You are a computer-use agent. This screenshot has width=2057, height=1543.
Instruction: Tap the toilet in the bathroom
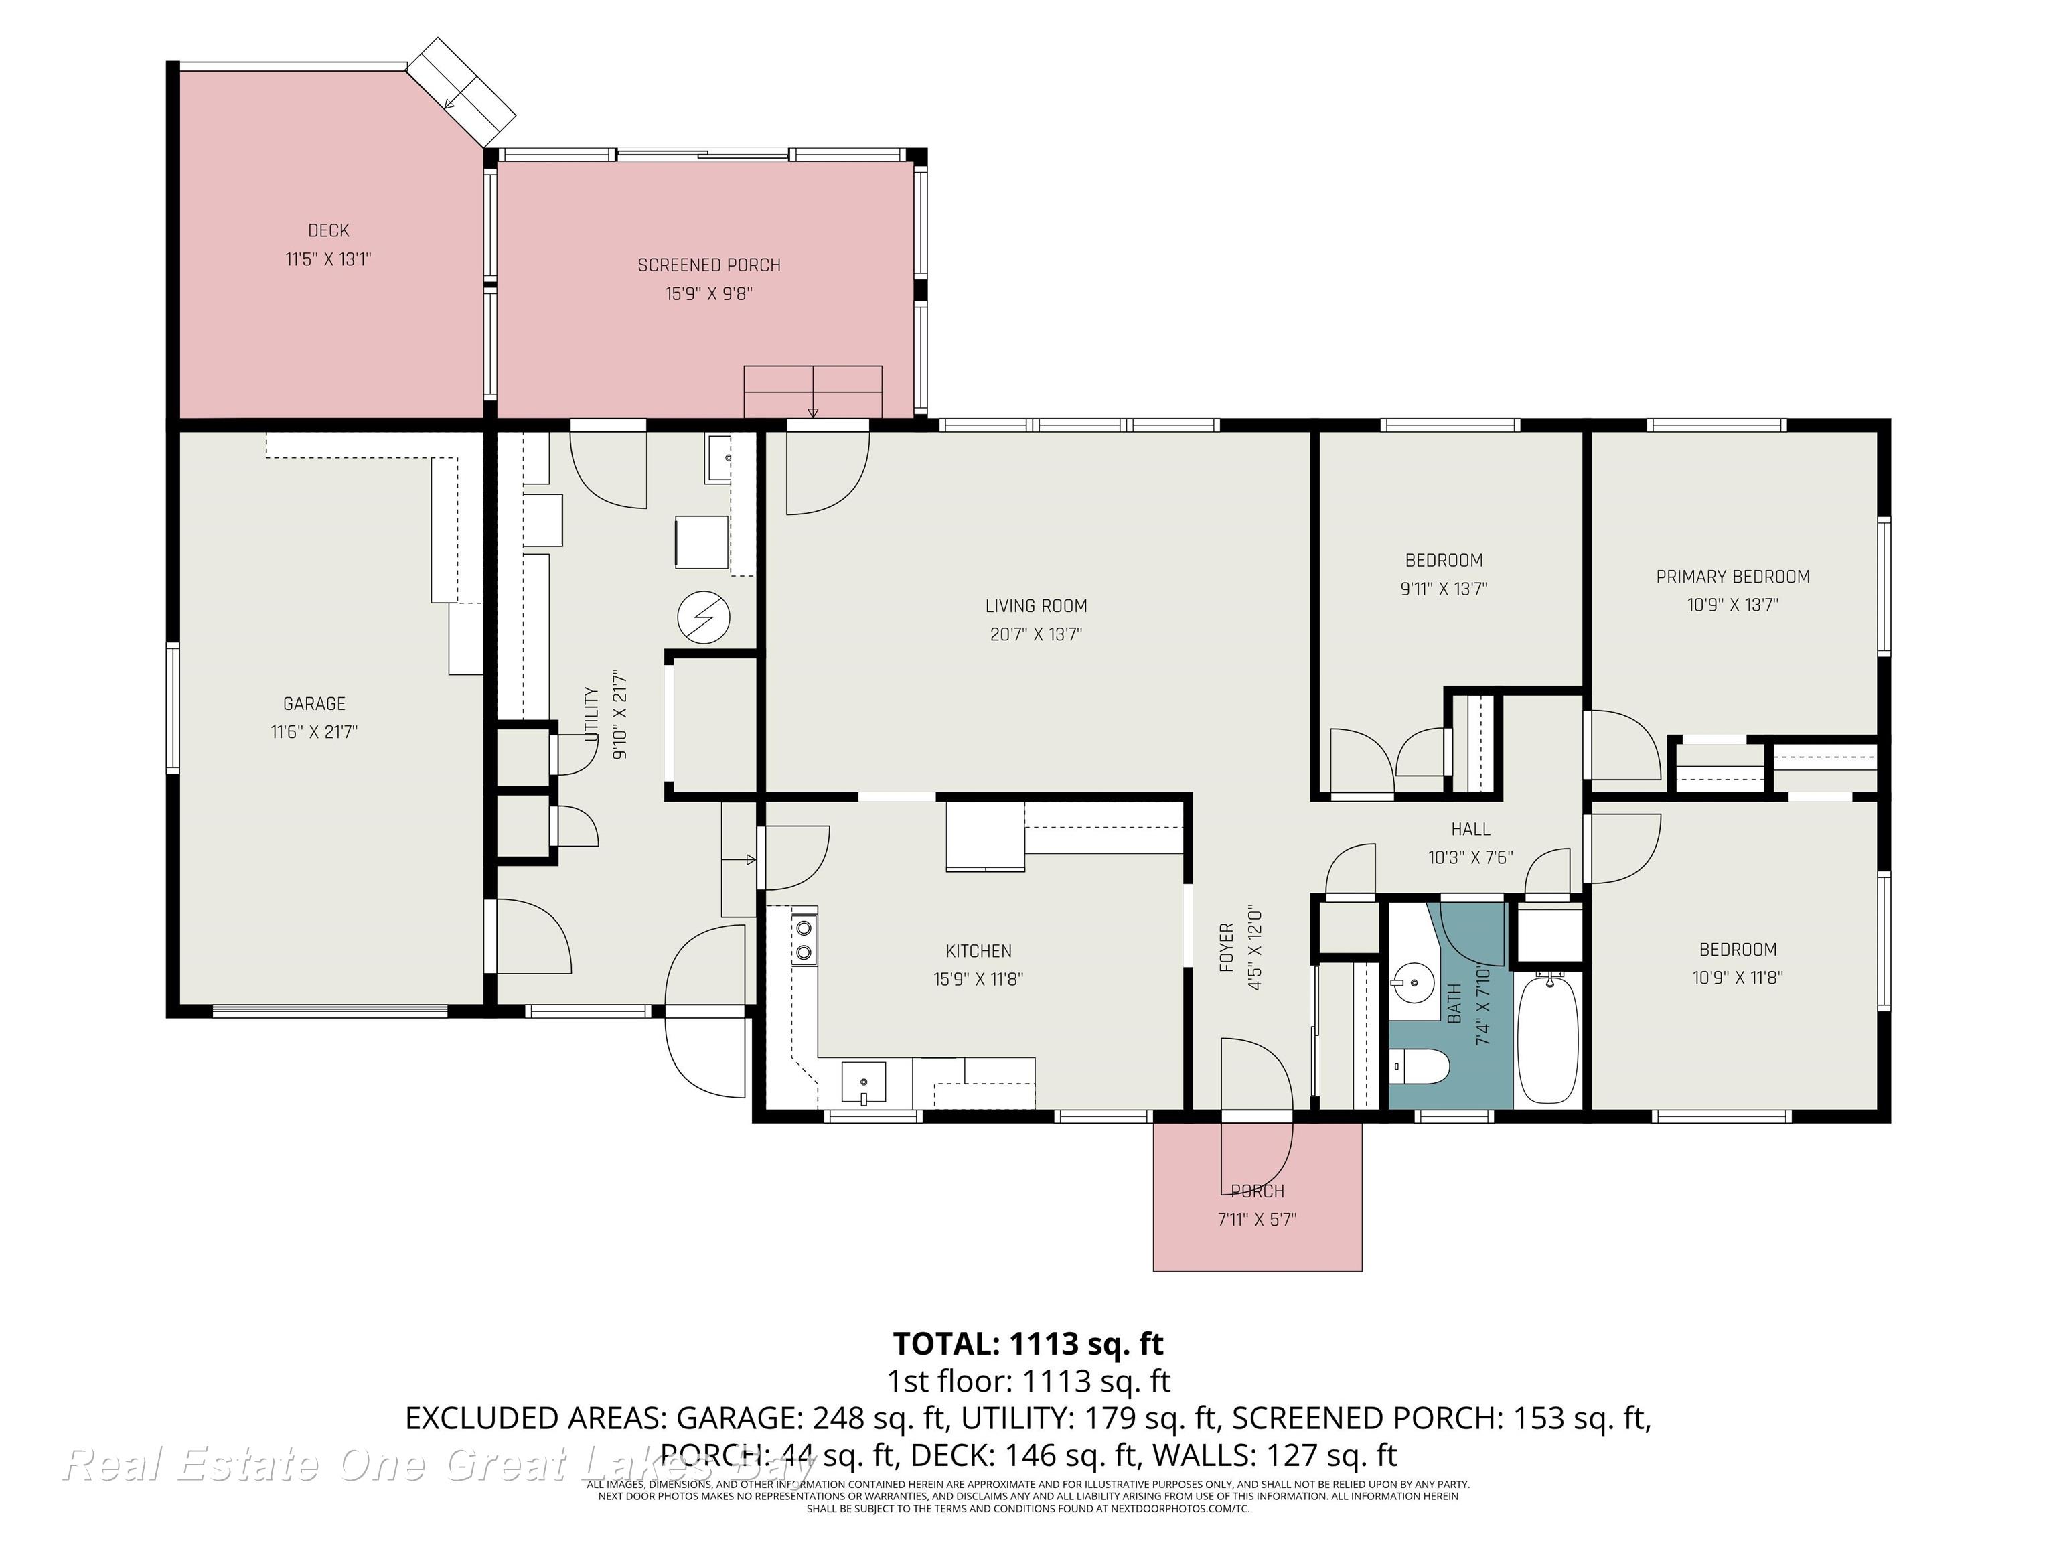click(1420, 1067)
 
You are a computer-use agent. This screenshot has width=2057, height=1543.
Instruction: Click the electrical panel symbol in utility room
click(703, 617)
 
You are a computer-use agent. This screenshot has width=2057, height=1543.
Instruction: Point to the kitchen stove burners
click(804, 940)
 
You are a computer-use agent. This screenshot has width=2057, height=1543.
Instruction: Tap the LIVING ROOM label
click(1036, 606)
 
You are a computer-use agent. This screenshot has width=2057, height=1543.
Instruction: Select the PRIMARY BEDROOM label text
click(1732, 577)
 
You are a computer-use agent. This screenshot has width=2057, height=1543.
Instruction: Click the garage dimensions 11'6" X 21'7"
click(314, 732)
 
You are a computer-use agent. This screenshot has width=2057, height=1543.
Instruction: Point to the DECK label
click(328, 230)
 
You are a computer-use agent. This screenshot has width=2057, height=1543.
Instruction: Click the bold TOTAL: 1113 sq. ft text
click(1028, 1344)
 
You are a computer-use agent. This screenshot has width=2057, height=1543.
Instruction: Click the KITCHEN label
click(978, 950)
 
